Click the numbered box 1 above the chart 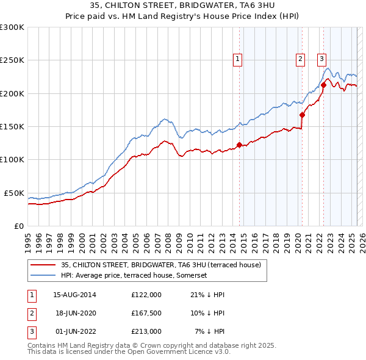[x=237, y=59]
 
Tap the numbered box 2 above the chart [x=301, y=59]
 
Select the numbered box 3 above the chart [x=321, y=59]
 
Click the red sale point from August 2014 [x=239, y=145]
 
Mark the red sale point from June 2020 [x=302, y=115]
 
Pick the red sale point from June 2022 [x=323, y=85]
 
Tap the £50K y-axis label [x=14, y=193]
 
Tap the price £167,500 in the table [x=146, y=313]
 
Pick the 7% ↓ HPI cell [x=210, y=331]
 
